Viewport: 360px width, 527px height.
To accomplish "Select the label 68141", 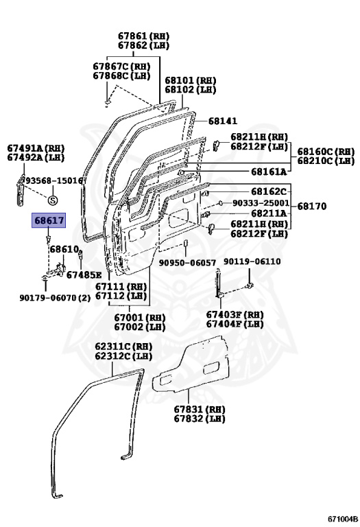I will [223, 121].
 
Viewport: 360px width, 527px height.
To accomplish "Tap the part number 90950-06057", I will [187, 262].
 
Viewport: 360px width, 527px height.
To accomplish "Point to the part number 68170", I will [311, 207].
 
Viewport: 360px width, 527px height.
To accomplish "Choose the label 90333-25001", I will [261, 204].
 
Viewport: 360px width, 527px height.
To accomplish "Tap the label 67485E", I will [84, 274].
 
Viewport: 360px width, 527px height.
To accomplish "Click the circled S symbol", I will [53, 200].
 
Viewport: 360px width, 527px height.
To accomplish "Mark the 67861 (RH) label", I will [143, 36].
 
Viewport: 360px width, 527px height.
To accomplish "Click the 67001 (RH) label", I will [139, 318].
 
